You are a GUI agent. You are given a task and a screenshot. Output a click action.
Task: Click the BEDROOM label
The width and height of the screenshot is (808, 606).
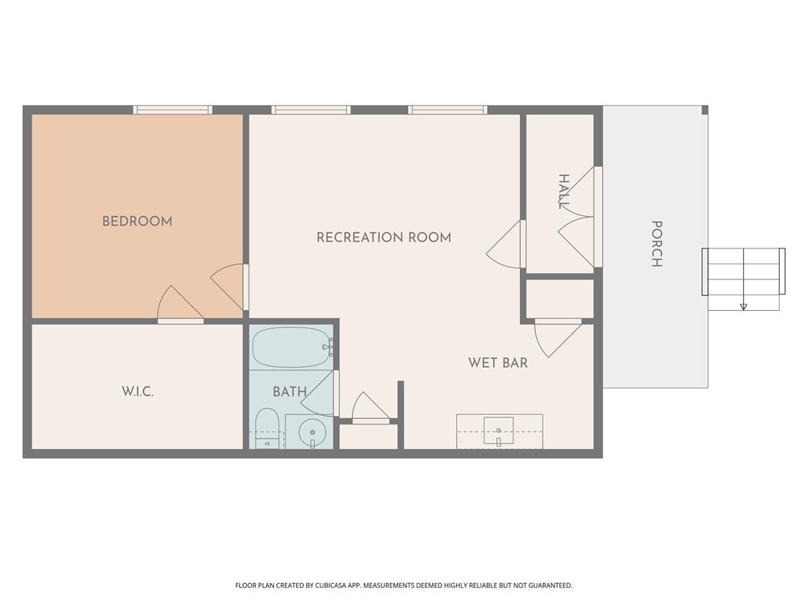pyautogui.click(x=137, y=222)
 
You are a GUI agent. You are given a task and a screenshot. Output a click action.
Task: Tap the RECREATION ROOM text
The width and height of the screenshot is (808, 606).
pyautogui.click(x=383, y=238)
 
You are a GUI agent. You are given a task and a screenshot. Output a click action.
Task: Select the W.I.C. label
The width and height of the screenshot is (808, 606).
pyautogui.click(x=137, y=391)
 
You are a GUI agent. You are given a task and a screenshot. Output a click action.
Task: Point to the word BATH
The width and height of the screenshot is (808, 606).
pyautogui.click(x=290, y=392)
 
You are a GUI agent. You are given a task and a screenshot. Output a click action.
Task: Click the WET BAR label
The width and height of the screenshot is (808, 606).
pyautogui.click(x=498, y=363)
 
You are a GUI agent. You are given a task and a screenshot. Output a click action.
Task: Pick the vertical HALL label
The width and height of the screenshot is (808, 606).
pyautogui.click(x=563, y=192)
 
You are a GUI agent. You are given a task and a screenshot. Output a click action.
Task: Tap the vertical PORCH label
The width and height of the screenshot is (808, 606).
pyautogui.click(x=656, y=244)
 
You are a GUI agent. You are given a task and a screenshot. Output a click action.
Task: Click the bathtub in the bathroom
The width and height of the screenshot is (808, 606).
pyautogui.click(x=291, y=347)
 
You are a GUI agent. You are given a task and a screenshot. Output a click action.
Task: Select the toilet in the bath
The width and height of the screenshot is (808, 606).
pyautogui.click(x=267, y=429)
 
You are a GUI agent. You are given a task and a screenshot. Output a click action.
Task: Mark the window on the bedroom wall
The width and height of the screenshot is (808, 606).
pyautogui.click(x=173, y=110)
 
